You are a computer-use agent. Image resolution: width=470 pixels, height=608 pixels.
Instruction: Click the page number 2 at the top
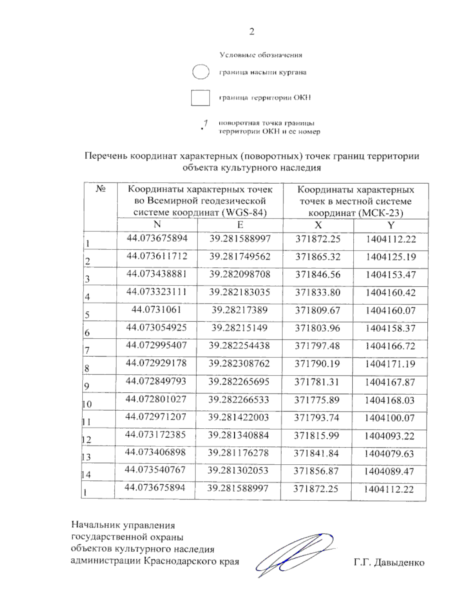pos(252,32)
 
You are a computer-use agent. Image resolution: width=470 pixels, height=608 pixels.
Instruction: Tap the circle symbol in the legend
pos(201,72)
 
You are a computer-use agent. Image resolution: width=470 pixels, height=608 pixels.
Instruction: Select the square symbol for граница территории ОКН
pos(200,98)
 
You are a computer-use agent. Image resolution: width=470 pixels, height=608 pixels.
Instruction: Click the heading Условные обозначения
pos(261,55)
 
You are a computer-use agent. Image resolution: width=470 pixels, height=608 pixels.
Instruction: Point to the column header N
pos(157,224)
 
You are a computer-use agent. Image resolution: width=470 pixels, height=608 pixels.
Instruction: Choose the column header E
pos(240,225)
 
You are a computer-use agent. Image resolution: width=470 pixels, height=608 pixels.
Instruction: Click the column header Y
pos(390,225)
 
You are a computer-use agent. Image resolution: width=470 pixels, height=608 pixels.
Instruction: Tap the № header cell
pos(101,189)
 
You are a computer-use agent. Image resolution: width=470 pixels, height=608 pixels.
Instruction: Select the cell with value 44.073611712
pos(157,256)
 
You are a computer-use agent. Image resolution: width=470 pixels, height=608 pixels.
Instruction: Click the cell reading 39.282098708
pos(240,274)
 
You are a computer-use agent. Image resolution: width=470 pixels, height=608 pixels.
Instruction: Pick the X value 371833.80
pos(318,292)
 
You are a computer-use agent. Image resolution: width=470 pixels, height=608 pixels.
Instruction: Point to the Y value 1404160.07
pos(390,310)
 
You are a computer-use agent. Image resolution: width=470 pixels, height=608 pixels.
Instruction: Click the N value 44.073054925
pos(156,327)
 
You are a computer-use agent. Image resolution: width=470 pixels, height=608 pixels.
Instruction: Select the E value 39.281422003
pos(239,417)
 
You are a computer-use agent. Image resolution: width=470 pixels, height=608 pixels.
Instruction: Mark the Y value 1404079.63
pos(389,454)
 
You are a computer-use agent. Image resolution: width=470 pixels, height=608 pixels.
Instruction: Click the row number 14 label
pos(86,475)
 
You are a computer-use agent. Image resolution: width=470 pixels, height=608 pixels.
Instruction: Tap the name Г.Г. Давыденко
pos(389,563)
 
